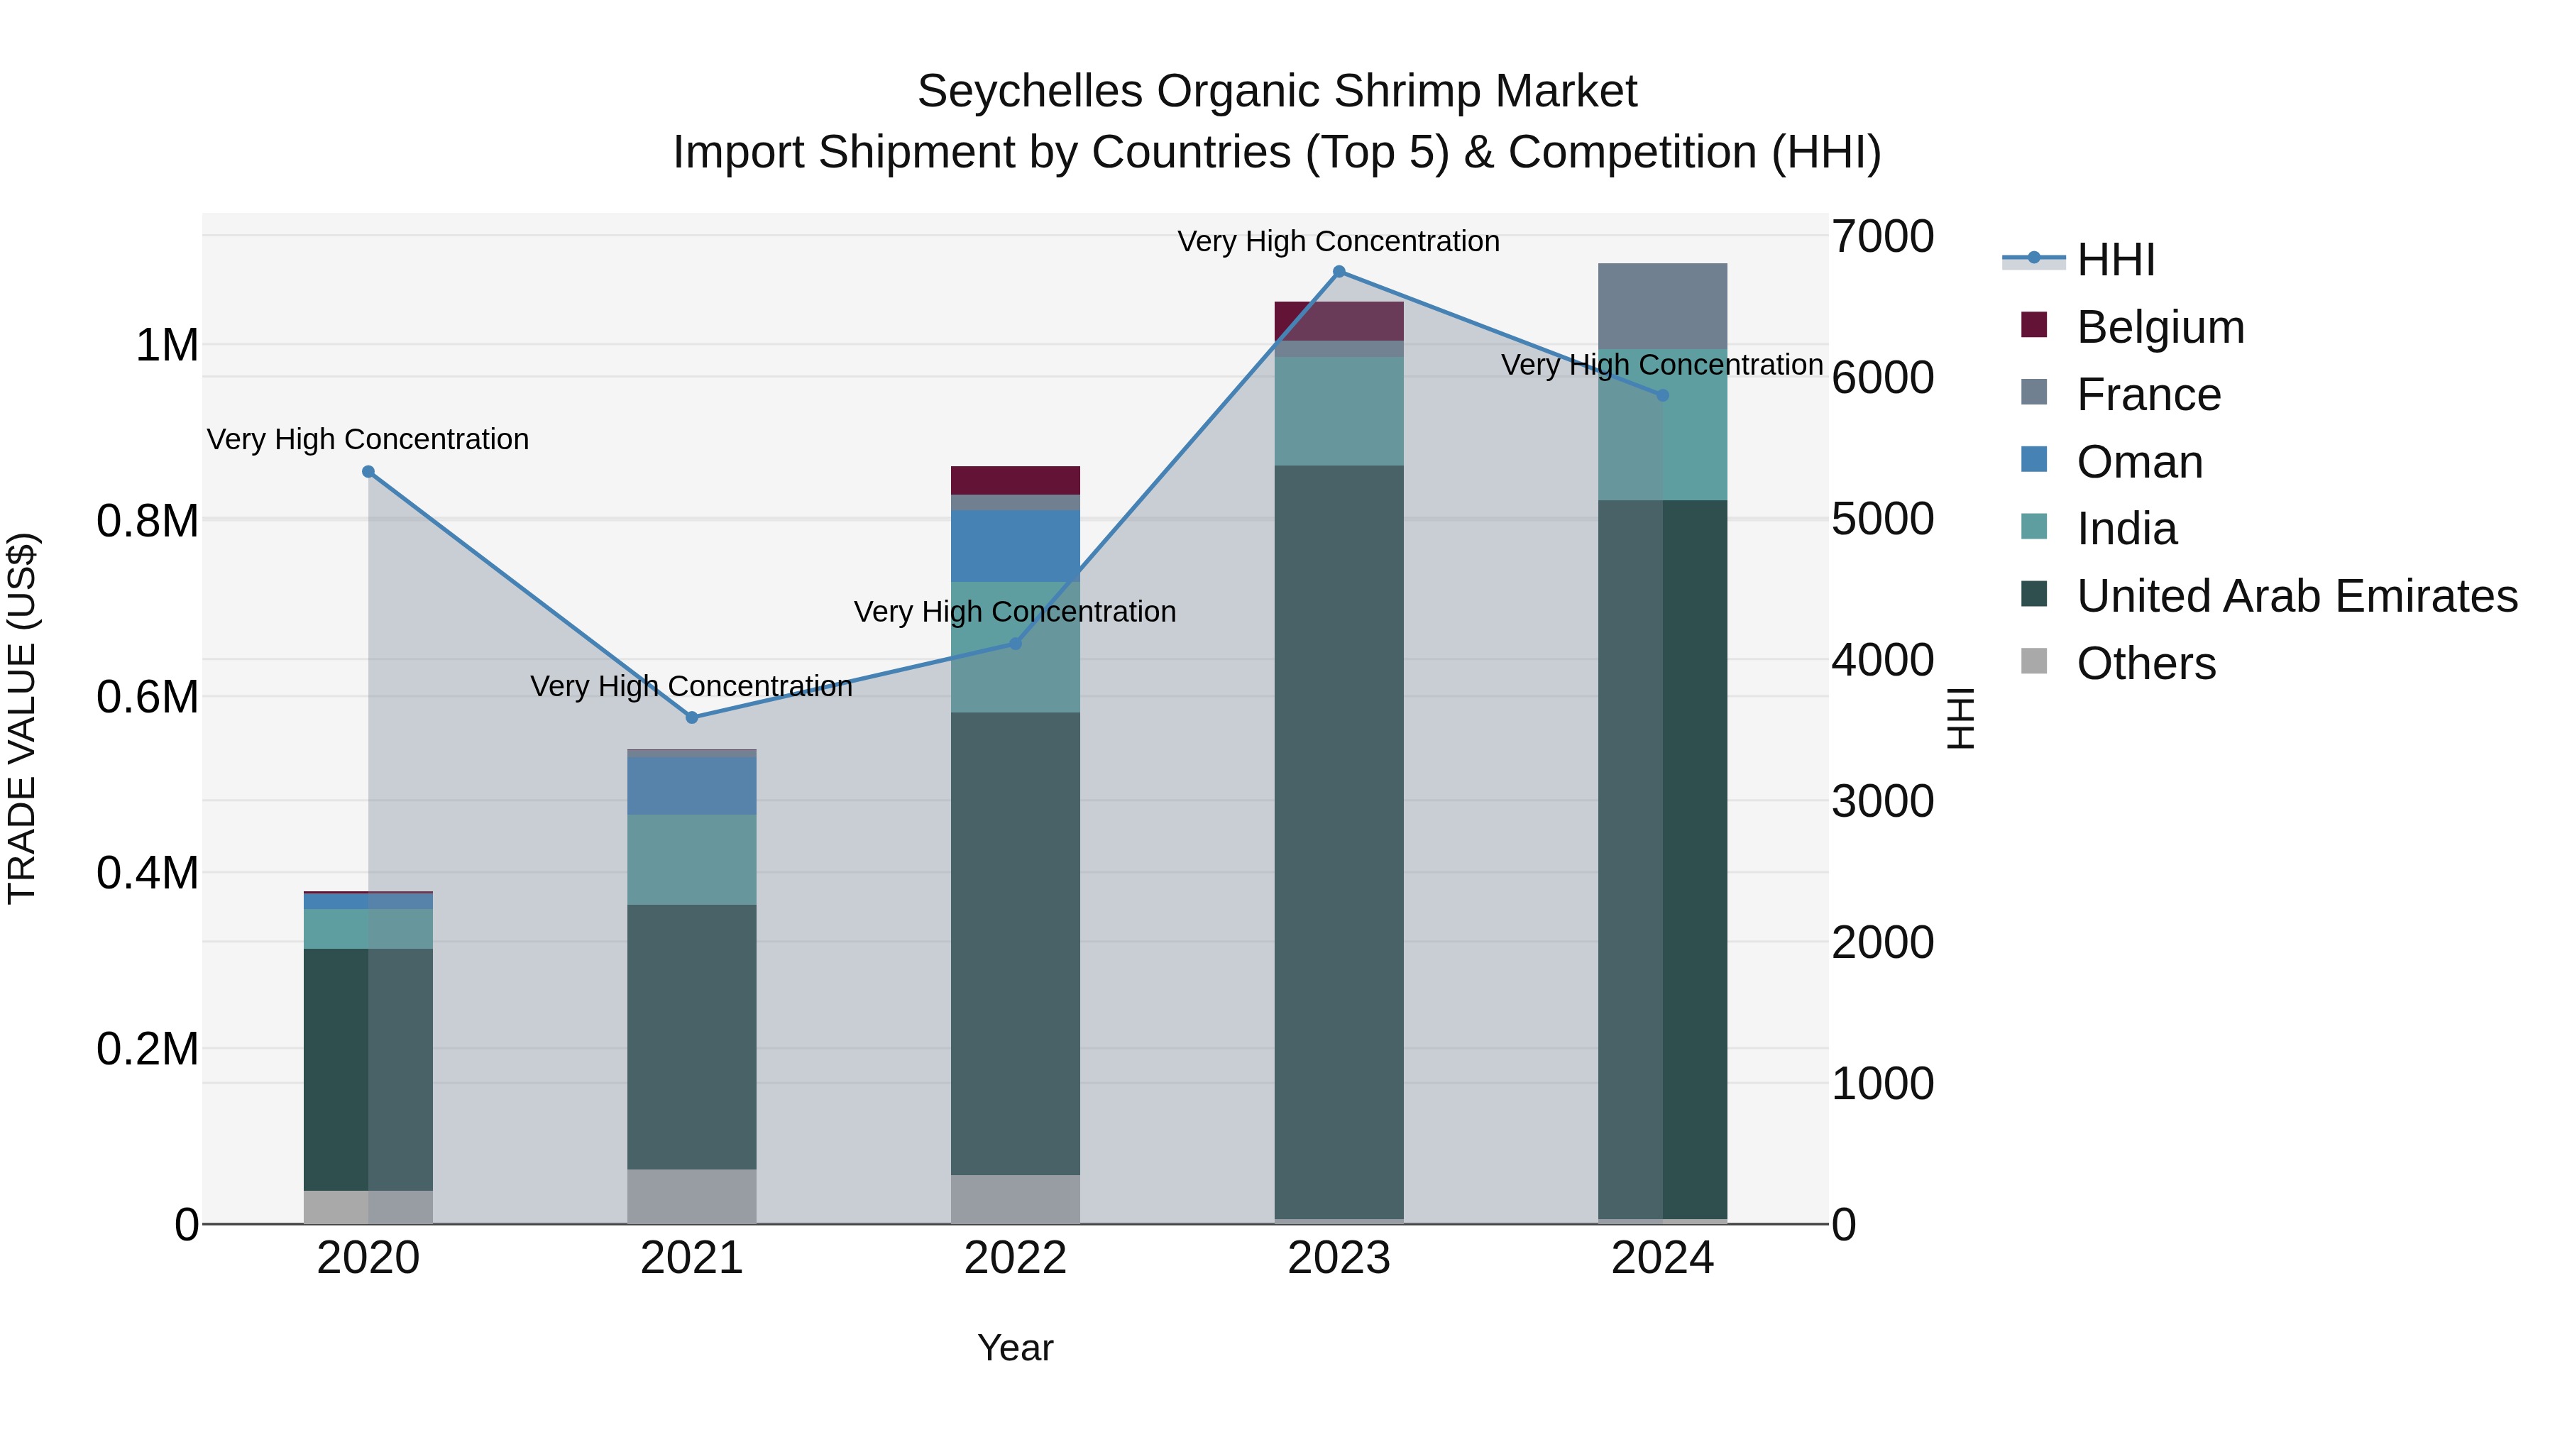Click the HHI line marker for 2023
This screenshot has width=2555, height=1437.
tap(1339, 272)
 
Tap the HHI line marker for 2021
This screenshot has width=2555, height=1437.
tap(692, 717)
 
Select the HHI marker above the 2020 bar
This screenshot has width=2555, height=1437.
tap(368, 472)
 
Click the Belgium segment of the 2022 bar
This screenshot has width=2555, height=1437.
tap(1015, 480)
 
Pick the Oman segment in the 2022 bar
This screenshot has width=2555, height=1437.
tap(1015, 546)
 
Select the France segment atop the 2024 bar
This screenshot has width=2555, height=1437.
tap(1662, 305)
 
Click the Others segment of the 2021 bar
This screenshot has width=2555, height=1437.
tap(692, 1196)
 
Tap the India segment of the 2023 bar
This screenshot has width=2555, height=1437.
tap(1339, 411)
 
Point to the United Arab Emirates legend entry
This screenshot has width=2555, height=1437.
tap(2296, 596)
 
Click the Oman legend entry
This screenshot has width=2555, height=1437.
tap(2139, 462)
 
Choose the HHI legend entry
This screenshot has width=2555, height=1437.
tap(2115, 260)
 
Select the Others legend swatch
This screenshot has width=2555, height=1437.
tap(2033, 661)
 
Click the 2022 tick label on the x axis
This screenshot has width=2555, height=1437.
tap(1015, 1258)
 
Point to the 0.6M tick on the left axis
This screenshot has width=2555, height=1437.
tap(148, 697)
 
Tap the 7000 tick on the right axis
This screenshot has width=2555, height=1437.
tap(1881, 237)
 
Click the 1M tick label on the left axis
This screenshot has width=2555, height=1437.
tap(167, 346)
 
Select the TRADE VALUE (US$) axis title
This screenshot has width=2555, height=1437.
tap(22, 718)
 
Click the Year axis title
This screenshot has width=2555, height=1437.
tap(1015, 1348)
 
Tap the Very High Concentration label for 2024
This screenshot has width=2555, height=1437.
tap(1662, 365)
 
